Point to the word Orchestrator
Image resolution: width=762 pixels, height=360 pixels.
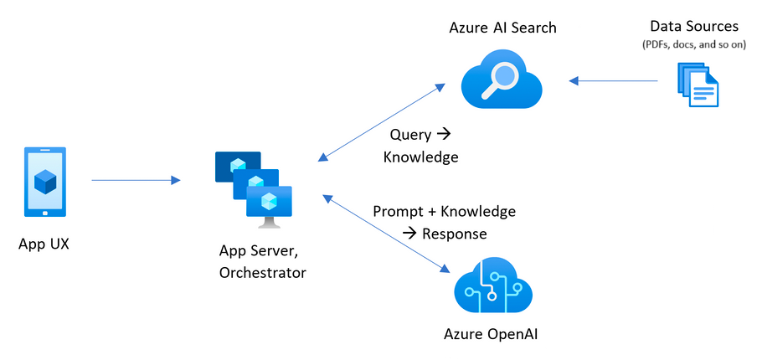point(262,272)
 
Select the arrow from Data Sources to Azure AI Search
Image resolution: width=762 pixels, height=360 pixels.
point(613,81)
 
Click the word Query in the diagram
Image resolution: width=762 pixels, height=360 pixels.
point(410,135)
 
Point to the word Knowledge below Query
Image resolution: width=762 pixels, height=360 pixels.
point(421,157)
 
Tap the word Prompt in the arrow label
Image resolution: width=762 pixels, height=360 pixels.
point(398,211)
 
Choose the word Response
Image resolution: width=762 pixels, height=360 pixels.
point(454,233)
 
